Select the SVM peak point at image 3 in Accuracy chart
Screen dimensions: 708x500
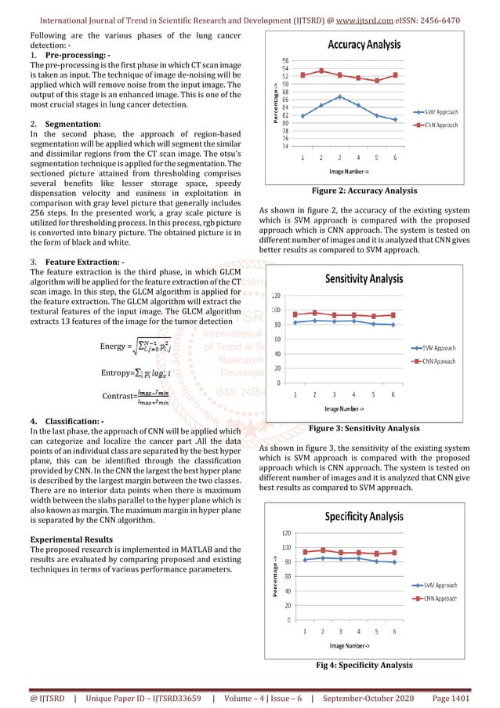click(339, 96)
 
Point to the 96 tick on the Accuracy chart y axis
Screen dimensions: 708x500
click(284, 60)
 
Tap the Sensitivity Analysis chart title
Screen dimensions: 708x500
click(364, 278)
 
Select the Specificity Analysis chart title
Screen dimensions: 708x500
click(364, 517)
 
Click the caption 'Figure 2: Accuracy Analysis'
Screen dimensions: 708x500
click(364, 191)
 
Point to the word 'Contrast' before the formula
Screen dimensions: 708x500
click(118, 396)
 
